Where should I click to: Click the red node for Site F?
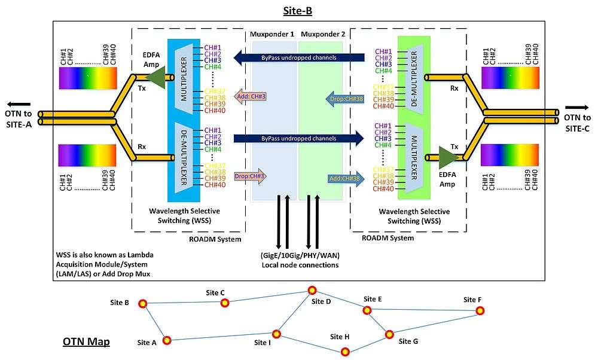point(480,310)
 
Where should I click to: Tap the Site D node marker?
point(312,290)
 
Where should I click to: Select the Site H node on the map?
point(345,352)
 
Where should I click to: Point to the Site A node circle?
point(167,340)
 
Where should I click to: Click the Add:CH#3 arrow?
point(250,96)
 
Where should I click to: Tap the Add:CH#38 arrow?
point(344,178)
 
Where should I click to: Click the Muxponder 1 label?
point(273,34)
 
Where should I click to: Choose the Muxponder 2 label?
point(323,34)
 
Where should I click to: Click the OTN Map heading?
point(86,342)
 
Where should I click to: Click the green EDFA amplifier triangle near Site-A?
point(155,77)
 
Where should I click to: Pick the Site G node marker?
point(389,334)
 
